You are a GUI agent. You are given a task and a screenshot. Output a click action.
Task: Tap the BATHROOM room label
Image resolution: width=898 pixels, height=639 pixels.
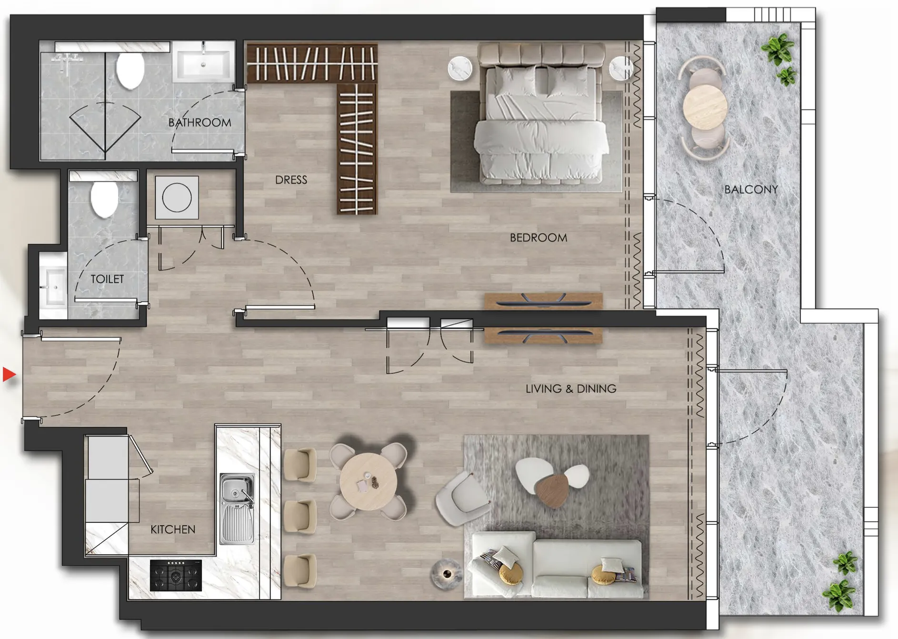pos(200,123)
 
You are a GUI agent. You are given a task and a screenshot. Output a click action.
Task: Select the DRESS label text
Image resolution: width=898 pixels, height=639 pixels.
pos(291,180)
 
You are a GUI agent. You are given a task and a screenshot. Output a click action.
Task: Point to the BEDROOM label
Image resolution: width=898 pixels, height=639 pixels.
pos(538,238)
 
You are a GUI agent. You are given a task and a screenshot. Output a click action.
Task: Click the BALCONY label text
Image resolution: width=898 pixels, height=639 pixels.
pos(751,190)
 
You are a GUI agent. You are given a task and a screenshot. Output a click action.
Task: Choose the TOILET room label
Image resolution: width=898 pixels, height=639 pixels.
pos(107,279)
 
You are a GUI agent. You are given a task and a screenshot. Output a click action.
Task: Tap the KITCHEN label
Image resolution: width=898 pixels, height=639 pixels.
pos(173,529)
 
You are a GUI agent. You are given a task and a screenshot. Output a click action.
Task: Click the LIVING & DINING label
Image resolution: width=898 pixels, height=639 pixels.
pos(570,389)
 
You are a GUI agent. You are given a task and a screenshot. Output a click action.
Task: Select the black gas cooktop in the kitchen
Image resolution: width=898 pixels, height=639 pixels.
pos(176,575)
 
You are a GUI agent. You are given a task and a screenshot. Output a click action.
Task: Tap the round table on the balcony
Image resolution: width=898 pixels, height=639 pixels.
pos(705,107)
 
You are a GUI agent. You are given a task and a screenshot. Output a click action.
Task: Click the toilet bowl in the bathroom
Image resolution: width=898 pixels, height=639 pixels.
pos(130,70)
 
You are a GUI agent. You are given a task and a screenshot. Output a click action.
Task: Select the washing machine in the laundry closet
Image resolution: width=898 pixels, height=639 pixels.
pos(177,198)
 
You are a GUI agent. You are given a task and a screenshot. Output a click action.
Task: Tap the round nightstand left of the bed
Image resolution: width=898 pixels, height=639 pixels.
pos(460,69)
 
